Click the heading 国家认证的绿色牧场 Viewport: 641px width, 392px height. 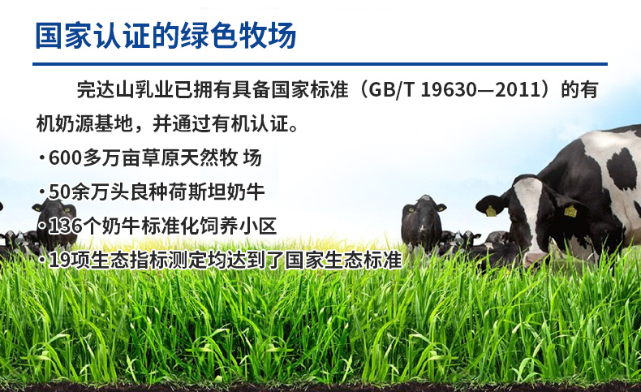pyautogui.click(x=166, y=36)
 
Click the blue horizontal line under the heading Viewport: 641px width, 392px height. pyautogui.click(x=320, y=64)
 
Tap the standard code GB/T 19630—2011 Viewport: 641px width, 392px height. pyautogui.click(x=455, y=89)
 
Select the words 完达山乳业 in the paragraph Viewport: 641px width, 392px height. pyautogui.click(x=125, y=90)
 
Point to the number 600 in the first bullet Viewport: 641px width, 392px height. pyautogui.click(x=65, y=157)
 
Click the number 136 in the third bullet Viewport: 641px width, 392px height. pyautogui.click(x=65, y=226)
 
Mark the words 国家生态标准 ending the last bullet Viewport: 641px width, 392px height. pyautogui.click(x=343, y=261)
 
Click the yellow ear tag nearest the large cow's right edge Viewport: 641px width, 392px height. pyautogui.click(x=570, y=211)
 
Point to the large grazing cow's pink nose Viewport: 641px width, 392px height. pyautogui.click(x=535, y=259)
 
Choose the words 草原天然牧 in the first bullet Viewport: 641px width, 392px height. pyautogui.click(x=190, y=157)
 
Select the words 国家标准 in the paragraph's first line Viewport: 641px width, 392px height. pyautogui.click(x=310, y=90)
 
